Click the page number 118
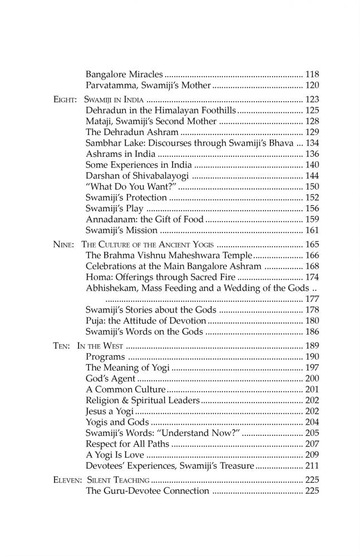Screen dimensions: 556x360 312,74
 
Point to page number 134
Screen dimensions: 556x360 312,143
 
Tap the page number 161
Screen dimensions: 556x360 312,230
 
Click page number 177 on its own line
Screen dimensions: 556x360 312,299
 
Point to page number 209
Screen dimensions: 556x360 312,454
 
